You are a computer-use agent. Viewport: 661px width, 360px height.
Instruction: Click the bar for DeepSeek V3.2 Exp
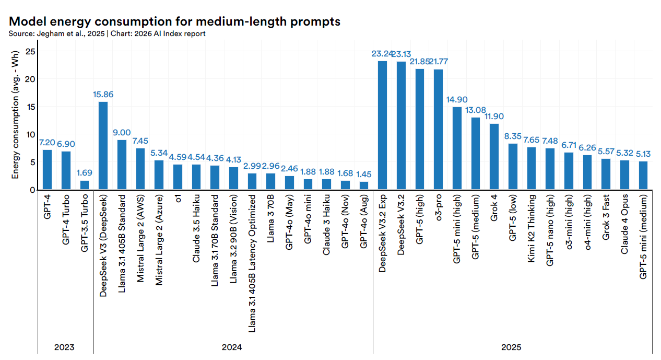(x=382, y=125)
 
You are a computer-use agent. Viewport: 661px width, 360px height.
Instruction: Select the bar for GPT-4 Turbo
(x=66, y=170)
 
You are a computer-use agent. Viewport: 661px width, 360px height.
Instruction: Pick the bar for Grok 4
(x=494, y=156)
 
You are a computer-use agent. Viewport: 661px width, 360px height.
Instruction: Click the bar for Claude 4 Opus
(x=624, y=175)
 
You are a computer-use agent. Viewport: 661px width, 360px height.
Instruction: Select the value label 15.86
(x=103, y=95)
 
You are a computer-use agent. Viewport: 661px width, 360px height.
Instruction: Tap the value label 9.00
(x=122, y=133)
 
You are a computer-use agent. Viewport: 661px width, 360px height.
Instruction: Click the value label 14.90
(x=457, y=100)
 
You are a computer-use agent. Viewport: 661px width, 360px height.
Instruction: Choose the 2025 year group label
(x=512, y=347)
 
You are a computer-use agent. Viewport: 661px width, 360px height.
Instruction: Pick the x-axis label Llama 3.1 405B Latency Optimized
(x=252, y=264)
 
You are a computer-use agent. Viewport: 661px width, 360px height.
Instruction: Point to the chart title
(x=174, y=21)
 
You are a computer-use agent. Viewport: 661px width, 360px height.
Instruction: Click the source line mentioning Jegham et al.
(x=107, y=33)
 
